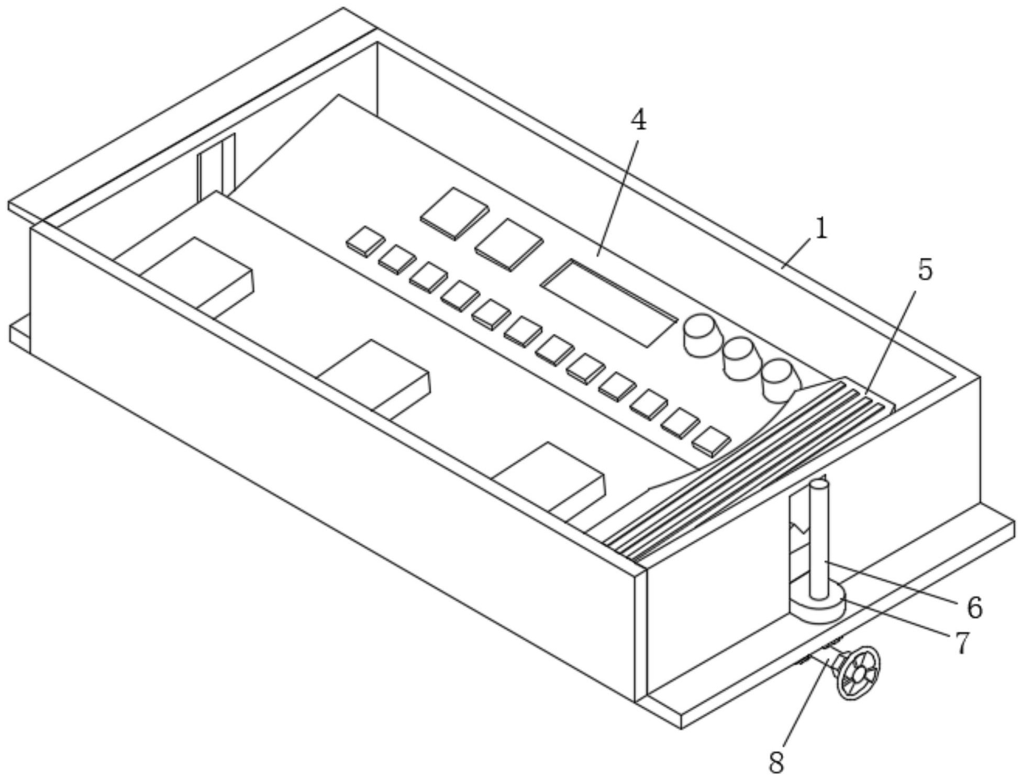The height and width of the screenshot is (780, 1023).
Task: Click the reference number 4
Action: click(x=638, y=122)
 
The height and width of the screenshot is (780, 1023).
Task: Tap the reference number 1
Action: click(x=821, y=229)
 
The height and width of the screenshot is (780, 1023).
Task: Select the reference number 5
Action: click(x=925, y=271)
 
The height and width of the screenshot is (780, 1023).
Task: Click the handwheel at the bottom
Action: click(x=858, y=674)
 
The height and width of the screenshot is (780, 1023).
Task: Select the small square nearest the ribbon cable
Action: click(x=711, y=441)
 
